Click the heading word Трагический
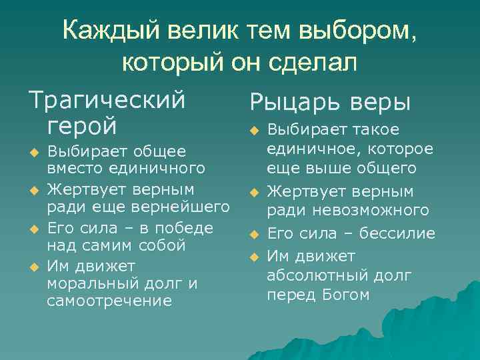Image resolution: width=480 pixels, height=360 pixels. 106,100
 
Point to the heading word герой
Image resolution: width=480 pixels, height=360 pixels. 82,125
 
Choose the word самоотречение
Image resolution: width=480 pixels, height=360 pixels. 109,301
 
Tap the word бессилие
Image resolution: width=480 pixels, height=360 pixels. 397,233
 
